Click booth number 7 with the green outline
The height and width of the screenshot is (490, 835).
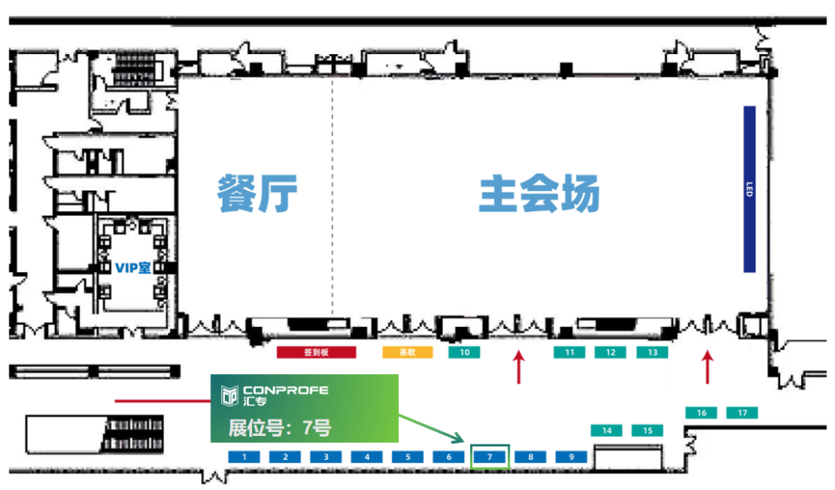click(x=490, y=457)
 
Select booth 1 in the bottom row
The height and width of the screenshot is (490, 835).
click(x=244, y=457)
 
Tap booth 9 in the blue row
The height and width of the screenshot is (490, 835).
click(x=571, y=457)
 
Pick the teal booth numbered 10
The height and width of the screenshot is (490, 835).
click(x=464, y=352)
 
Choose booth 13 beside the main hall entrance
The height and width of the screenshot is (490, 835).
click(x=652, y=352)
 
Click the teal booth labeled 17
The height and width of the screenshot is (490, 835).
click(x=742, y=413)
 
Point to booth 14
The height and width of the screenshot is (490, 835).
click(x=607, y=430)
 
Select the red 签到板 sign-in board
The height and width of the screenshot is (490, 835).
click(x=316, y=352)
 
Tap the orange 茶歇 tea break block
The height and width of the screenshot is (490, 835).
click(x=407, y=352)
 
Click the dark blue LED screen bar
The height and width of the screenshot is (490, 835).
click(x=748, y=189)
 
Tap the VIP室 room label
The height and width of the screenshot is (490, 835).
click(x=133, y=267)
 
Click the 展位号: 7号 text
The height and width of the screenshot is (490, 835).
click(x=279, y=427)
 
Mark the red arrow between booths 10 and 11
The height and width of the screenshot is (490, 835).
click(x=519, y=366)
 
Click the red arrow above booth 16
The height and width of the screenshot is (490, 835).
click(x=707, y=366)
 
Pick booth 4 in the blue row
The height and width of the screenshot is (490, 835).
click(x=367, y=457)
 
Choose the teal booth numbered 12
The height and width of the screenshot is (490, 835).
click(x=611, y=352)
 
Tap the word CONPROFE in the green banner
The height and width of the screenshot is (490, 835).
click(x=285, y=390)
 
